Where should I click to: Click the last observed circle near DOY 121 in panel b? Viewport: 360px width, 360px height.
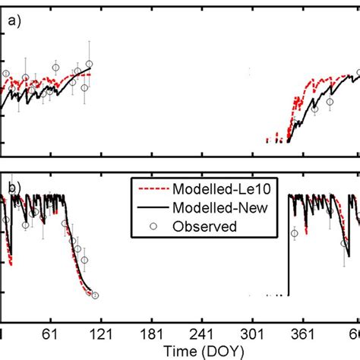[95, 295]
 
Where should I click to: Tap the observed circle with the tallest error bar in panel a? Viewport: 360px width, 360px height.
[89, 65]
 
